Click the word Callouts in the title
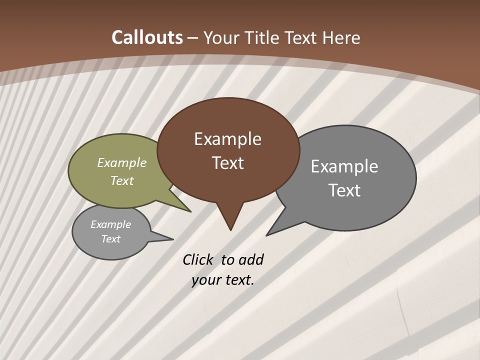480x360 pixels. (x=147, y=37)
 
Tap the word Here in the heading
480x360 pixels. (x=341, y=38)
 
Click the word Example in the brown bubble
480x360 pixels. (x=227, y=139)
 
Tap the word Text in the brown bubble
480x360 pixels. (x=228, y=163)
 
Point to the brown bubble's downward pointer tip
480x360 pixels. (x=230, y=230)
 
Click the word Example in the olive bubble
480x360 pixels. (x=122, y=162)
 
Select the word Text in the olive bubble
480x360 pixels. (x=122, y=180)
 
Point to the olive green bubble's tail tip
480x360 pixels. (x=190, y=211)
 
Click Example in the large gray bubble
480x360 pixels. (x=344, y=166)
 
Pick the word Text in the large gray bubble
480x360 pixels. (x=344, y=190)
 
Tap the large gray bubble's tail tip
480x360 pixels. (x=266, y=235)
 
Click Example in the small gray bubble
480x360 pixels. (x=110, y=224)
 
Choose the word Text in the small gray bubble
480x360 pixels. (x=111, y=239)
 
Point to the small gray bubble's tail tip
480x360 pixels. (x=173, y=239)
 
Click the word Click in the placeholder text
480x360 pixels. (x=198, y=259)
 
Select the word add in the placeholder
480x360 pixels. (x=250, y=259)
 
